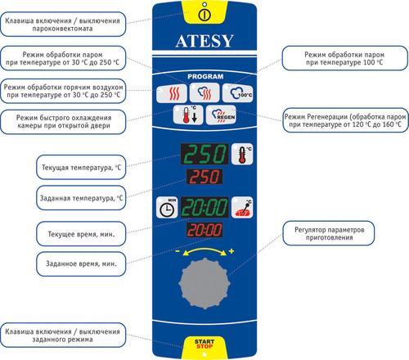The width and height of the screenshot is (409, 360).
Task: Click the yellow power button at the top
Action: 205,13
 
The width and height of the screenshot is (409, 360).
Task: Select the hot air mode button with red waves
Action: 173,92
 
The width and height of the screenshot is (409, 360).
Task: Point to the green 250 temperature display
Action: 204,155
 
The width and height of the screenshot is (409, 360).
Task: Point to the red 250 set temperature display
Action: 204,178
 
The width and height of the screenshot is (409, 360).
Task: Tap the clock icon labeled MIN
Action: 167,208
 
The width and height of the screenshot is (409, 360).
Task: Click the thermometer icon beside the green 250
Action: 243,155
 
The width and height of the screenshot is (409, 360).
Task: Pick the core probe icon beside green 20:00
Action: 242,208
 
